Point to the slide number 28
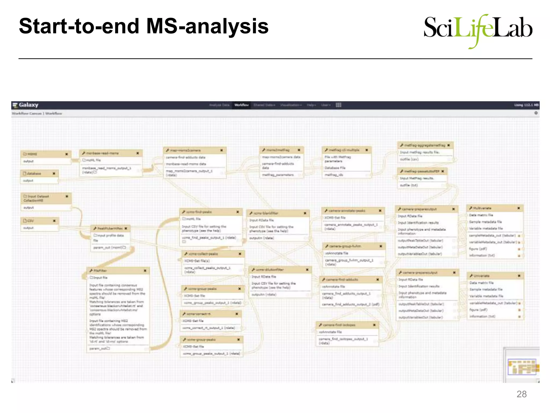pos(521,394)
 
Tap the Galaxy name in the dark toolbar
pos(28,105)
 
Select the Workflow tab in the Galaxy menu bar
pos(241,105)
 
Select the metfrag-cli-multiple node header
pos(344,150)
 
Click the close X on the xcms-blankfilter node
pos(305,213)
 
